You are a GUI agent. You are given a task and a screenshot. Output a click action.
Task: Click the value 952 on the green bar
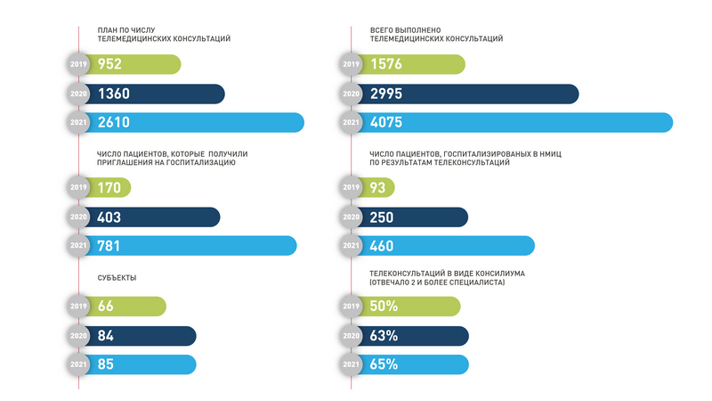110,64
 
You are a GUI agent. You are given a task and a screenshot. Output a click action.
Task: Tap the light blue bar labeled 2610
196,123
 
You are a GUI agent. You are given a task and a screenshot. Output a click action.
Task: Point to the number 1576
387,64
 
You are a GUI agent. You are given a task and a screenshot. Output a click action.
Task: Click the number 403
110,217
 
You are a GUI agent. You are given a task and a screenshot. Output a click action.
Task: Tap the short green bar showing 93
378,188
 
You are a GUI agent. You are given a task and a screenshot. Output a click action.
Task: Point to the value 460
383,246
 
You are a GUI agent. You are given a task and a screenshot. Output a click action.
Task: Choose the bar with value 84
142,335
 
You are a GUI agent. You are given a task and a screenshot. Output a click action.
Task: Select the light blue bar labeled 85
142,364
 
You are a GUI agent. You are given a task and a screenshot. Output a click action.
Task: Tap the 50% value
384,306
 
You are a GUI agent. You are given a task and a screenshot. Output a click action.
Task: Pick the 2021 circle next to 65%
351,364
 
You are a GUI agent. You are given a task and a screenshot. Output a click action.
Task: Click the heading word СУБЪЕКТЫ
117,277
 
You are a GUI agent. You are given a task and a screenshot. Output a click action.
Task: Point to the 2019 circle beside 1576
351,64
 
